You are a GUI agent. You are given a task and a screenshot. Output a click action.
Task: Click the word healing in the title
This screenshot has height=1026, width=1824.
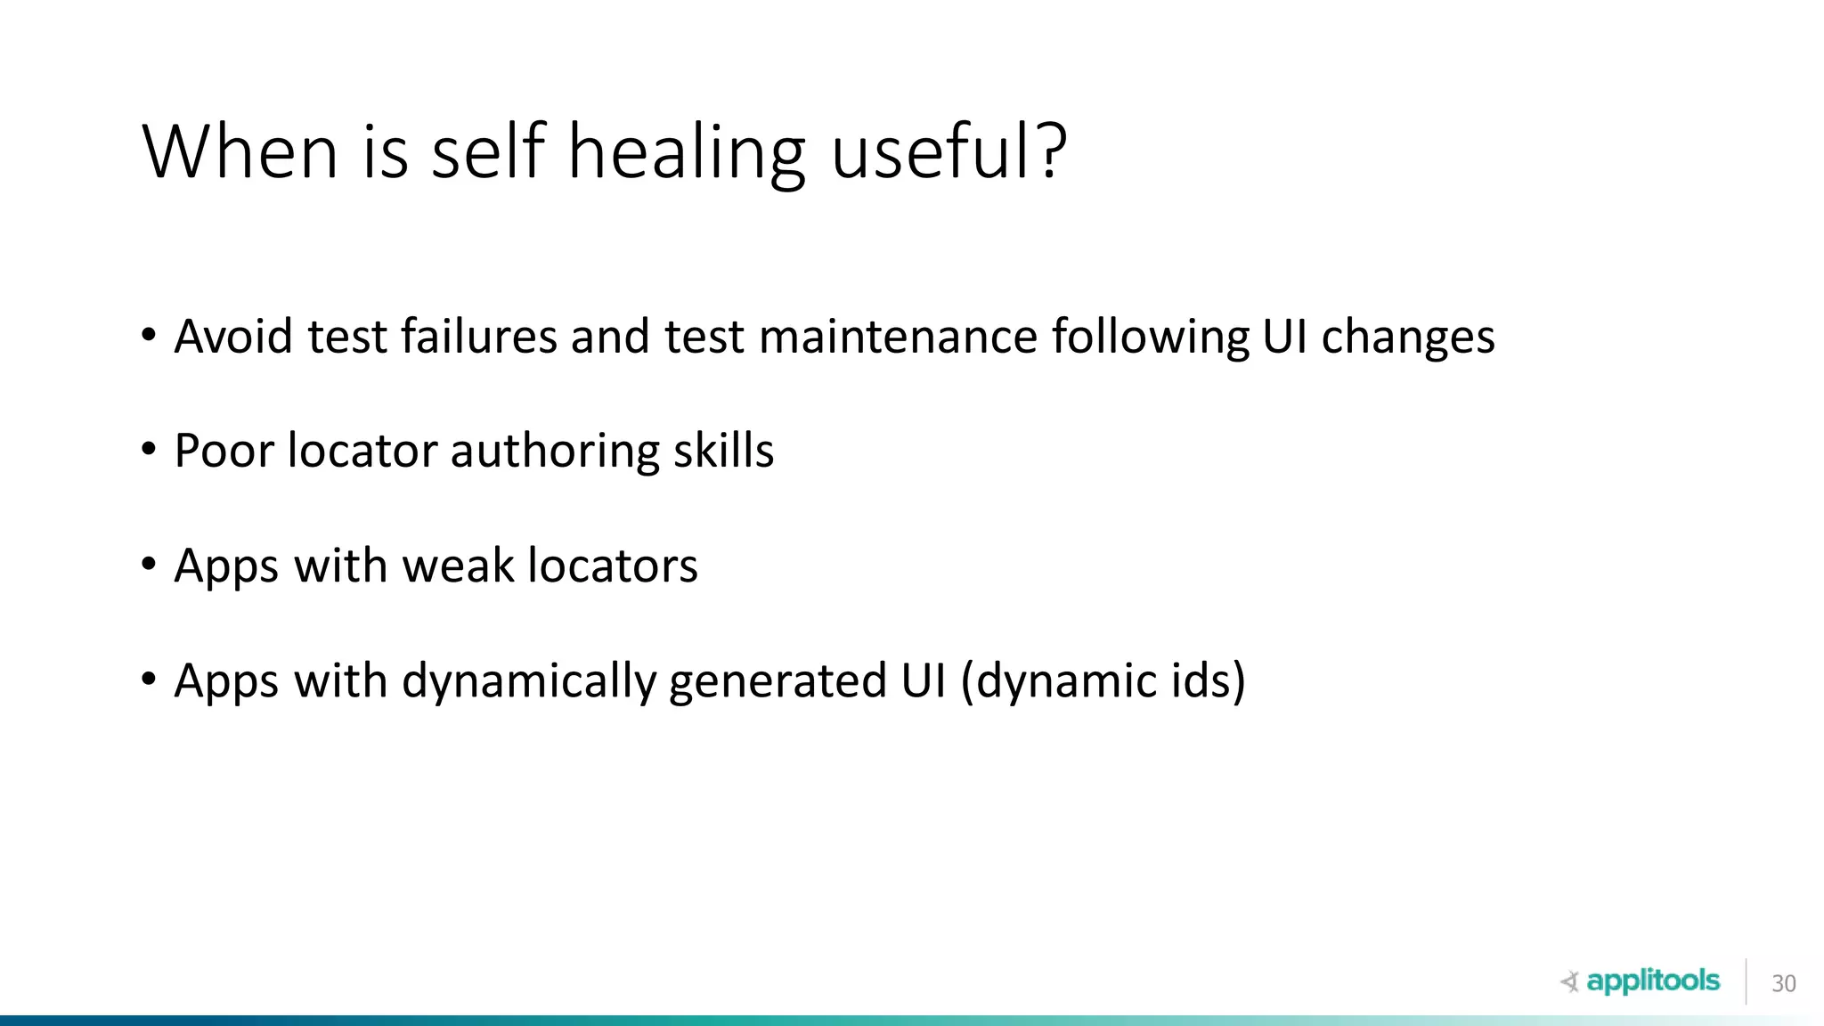(687, 153)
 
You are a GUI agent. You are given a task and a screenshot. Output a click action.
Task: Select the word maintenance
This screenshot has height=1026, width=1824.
(898, 337)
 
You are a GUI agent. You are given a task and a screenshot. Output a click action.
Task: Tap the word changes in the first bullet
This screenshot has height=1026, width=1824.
(1407, 338)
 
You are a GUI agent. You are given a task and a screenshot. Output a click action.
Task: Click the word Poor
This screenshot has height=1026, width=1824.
(224, 451)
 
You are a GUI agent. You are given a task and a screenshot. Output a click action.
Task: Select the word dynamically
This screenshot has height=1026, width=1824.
(529, 682)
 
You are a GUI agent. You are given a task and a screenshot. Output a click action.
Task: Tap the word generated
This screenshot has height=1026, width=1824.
(778, 682)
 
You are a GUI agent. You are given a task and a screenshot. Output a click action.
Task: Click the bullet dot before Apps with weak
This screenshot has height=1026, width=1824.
(149, 565)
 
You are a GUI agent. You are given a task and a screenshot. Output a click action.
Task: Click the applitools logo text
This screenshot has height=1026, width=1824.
(1652, 981)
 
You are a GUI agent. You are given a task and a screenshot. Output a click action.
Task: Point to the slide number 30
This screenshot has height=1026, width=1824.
(1783, 983)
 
